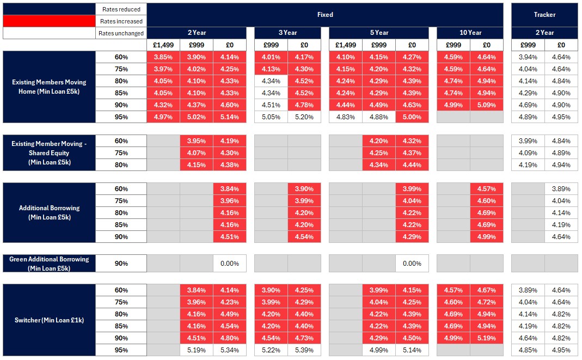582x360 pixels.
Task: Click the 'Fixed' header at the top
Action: (325, 15)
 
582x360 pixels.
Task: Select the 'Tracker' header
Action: (544, 15)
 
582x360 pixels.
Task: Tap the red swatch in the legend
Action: (48, 21)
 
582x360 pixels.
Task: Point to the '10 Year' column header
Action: (470, 33)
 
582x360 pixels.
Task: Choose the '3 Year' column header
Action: (287, 33)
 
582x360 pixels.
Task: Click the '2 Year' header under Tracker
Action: (544, 33)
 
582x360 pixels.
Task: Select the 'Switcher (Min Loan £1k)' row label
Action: (49, 320)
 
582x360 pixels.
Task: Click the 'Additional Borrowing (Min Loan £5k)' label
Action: (49, 212)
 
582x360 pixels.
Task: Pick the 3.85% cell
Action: (163, 57)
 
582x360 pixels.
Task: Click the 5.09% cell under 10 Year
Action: (486, 105)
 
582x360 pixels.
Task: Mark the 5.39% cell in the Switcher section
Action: (304, 350)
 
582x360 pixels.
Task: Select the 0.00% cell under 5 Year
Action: (412, 264)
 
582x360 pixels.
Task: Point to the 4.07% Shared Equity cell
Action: (196, 153)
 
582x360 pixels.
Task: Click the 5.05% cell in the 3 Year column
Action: (271, 117)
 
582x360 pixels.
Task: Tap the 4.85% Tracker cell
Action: (528, 350)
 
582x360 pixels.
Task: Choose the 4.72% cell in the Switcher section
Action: (486, 302)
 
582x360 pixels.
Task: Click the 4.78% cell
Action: (304, 105)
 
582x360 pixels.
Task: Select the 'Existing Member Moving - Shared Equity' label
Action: (49, 153)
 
